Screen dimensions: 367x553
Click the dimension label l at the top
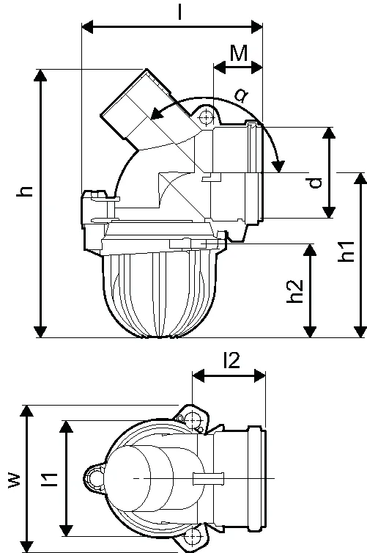[180, 12]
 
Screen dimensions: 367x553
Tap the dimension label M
[239, 54]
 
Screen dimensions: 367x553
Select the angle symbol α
[241, 95]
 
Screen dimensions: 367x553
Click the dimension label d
[315, 183]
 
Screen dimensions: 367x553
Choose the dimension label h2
[294, 291]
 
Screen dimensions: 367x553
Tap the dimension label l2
[231, 360]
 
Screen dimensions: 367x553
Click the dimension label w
[15, 480]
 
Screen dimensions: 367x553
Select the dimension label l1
[49, 480]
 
